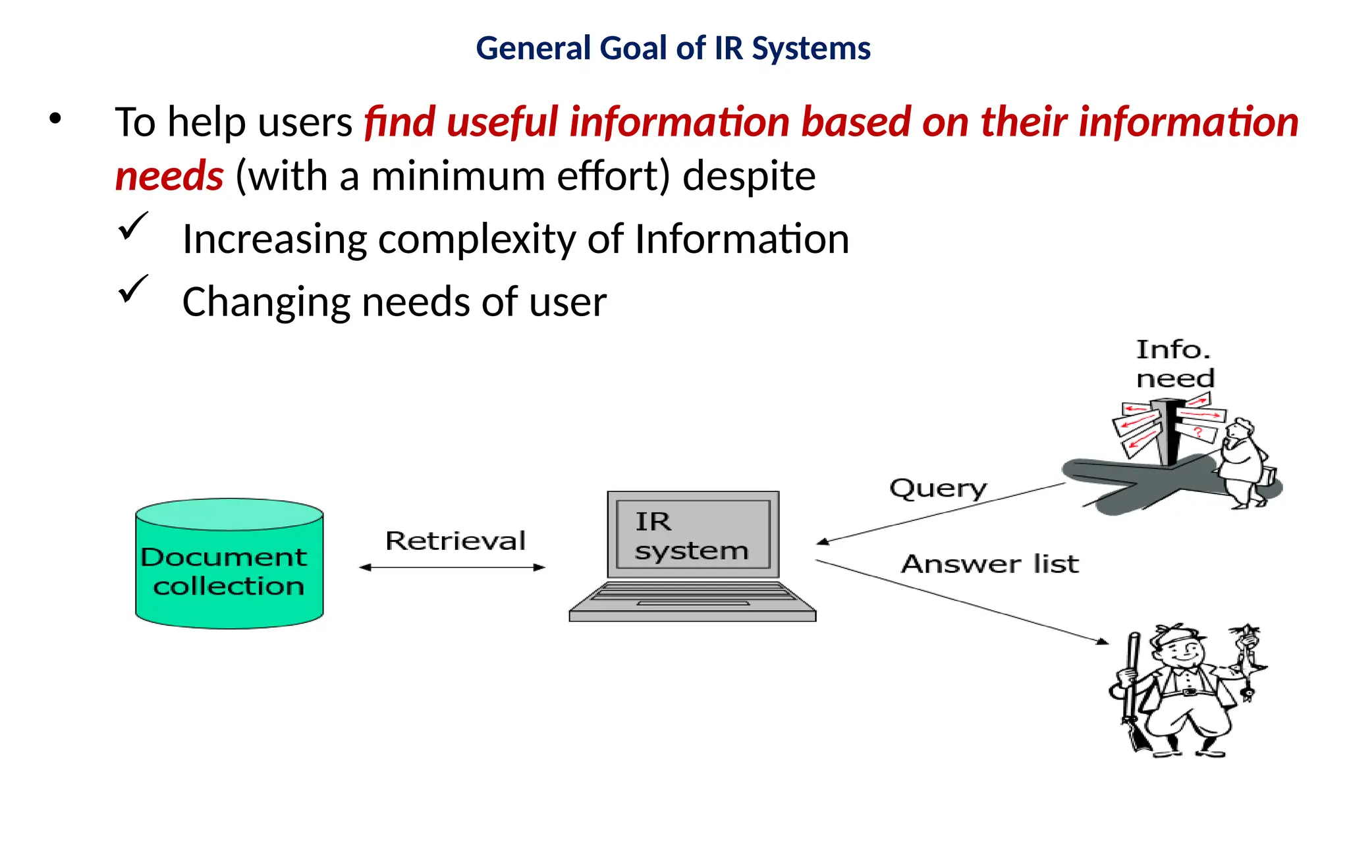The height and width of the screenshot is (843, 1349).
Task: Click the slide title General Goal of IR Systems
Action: point(673,49)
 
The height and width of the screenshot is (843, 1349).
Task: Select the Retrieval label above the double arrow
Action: point(455,541)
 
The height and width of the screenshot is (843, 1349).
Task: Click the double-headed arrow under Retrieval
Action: point(453,567)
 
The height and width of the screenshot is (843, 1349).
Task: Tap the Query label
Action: point(938,489)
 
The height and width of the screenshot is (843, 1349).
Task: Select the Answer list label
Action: point(989,564)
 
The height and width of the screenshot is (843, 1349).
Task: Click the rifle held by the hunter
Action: point(1132,692)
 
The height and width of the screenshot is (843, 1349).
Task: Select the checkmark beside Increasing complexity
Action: point(133,226)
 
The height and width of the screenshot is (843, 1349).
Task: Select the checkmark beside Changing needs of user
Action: point(133,289)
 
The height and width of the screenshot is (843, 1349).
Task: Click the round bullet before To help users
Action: point(55,119)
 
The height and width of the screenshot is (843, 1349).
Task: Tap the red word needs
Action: point(169,177)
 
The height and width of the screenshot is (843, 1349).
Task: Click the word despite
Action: point(749,177)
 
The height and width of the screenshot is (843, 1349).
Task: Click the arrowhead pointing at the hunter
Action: point(1103,641)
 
